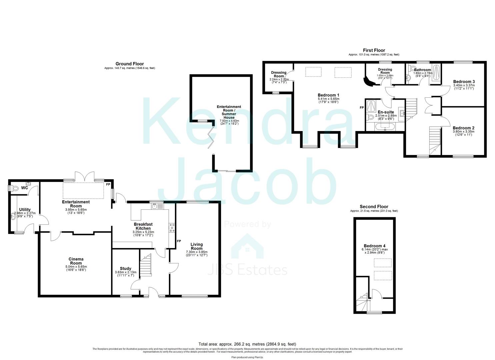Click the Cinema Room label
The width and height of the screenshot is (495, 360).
point(76,261)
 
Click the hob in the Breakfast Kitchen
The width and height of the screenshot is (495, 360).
point(173,228)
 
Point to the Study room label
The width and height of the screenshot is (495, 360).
point(125,268)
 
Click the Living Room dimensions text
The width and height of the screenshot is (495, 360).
point(197,253)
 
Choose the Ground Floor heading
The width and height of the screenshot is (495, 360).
point(130,64)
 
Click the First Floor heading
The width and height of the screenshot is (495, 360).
point(374,50)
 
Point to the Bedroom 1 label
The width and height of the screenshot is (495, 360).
point(328,95)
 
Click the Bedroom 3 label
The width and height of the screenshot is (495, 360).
point(464,81)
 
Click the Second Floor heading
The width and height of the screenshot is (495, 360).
point(374,207)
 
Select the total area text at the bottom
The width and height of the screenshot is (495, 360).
point(247,344)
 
